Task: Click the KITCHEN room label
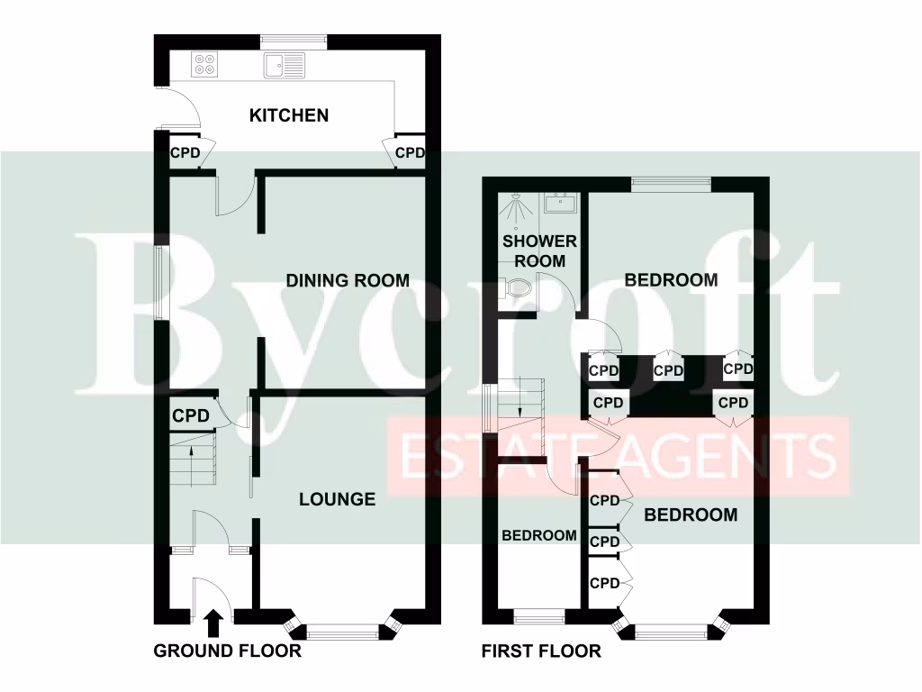point(288,115)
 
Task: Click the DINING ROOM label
point(348,280)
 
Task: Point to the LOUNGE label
point(337,498)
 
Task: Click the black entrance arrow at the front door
point(213,621)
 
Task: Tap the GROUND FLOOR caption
point(227,651)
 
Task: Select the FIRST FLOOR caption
point(541,651)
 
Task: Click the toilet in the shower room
point(520,290)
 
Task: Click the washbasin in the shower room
point(560,202)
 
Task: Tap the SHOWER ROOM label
point(539,251)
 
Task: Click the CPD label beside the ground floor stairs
point(191,416)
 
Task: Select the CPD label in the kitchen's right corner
point(410,153)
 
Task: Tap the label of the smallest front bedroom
point(538,535)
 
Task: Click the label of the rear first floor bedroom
point(672,279)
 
